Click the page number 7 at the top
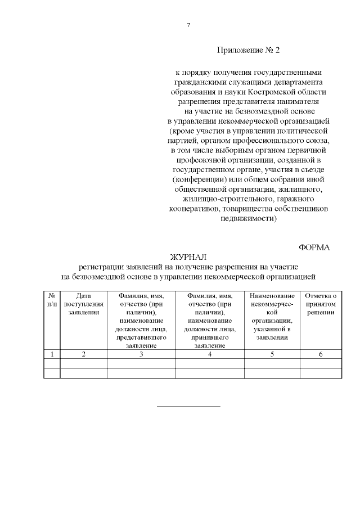pyautogui.click(x=188, y=25)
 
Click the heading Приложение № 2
pyautogui.click(x=248, y=50)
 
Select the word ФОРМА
pyautogui.click(x=314, y=247)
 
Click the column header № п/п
pyautogui.click(x=52, y=300)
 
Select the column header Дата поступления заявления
pyautogui.click(x=83, y=304)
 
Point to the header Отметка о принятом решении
pyautogui.click(x=321, y=304)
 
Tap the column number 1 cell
pyautogui.click(x=52, y=354)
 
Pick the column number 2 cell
pyautogui.click(x=83, y=354)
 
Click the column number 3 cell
pyautogui.click(x=141, y=354)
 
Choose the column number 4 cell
pyautogui.click(x=210, y=354)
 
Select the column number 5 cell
pyautogui.click(x=272, y=354)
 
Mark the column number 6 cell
pyautogui.click(x=321, y=354)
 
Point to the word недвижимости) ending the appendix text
pyautogui.click(x=248, y=219)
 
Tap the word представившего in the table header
pyautogui.click(x=141, y=338)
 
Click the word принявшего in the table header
pyautogui.click(x=210, y=338)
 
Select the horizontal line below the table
pyautogui.click(x=188, y=406)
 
